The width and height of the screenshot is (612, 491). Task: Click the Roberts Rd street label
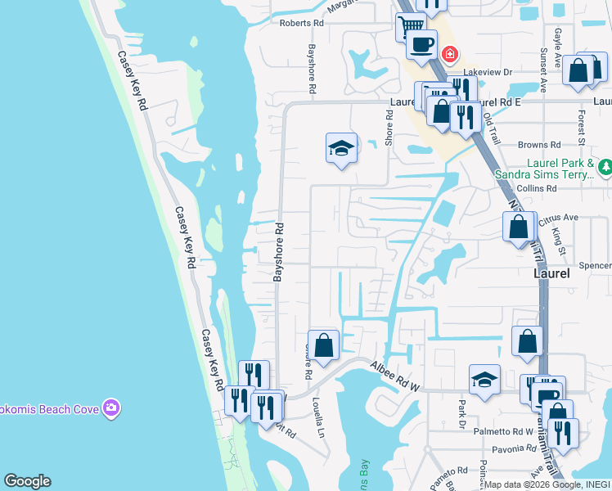[x=302, y=24]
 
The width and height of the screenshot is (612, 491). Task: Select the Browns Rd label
[x=537, y=145]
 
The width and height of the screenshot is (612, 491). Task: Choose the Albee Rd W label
[x=394, y=377]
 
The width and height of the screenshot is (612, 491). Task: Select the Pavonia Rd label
[x=514, y=449]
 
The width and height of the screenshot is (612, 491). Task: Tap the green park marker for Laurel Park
[x=605, y=168]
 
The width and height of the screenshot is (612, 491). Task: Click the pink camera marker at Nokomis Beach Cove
[x=112, y=408]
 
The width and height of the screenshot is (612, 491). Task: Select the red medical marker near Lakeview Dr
[x=449, y=55]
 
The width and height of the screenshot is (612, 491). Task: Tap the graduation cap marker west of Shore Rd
[x=341, y=148]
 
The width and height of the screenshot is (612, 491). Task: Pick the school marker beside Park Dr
[x=484, y=380]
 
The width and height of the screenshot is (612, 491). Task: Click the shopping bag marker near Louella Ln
[x=323, y=345]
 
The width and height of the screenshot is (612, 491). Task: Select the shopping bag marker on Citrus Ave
[x=518, y=227]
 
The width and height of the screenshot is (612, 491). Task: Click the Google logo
[x=27, y=481]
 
